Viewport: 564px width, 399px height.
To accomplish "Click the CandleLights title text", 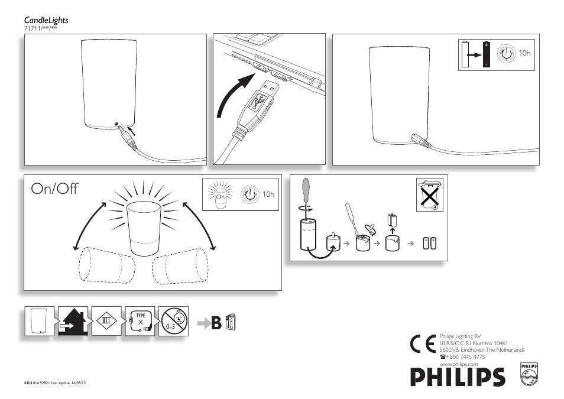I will tap(46, 20).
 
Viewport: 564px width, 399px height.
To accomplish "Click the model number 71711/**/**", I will tap(40, 28).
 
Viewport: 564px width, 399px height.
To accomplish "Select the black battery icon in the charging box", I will tap(487, 54).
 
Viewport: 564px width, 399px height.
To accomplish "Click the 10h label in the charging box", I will tap(524, 53).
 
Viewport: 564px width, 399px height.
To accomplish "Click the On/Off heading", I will tap(54, 189).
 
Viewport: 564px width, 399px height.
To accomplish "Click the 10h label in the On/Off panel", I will tap(268, 194).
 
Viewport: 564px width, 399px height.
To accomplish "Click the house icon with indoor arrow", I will tap(73, 322).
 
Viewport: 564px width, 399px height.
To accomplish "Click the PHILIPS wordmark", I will tap(458, 377).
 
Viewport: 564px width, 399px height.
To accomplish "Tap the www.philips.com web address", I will tap(458, 364).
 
